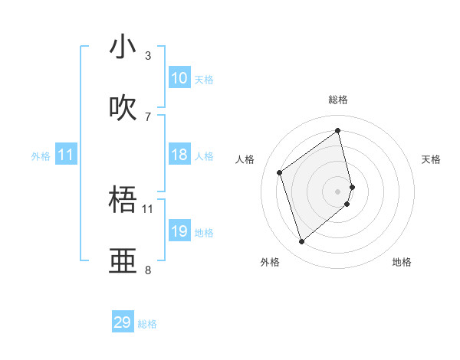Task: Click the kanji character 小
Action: (x=123, y=47)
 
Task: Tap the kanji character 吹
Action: (x=123, y=108)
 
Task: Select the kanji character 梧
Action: (x=123, y=201)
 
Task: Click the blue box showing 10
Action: (x=179, y=78)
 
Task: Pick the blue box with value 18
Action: (x=179, y=155)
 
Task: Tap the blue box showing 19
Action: (x=179, y=231)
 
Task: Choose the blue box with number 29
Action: (x=123, y=322)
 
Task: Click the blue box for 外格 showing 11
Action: (x=66, y=155)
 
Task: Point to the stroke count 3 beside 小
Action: (x=147, y=56)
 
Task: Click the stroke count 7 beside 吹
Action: (x=147, y=116)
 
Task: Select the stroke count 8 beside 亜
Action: (x=147, y=270)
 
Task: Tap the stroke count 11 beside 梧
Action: (x=148, y=208)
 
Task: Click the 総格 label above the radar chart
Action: (x=338, y=100)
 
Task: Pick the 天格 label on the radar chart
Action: (x=431, y=159)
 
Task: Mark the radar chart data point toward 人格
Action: (x=280, y=172)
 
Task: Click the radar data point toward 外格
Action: (x=301, y=242)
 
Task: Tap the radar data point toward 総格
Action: (x=338, y=131)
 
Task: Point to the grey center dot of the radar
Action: (x=338, y=191)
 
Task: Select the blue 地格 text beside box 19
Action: (x=204, y=232)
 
